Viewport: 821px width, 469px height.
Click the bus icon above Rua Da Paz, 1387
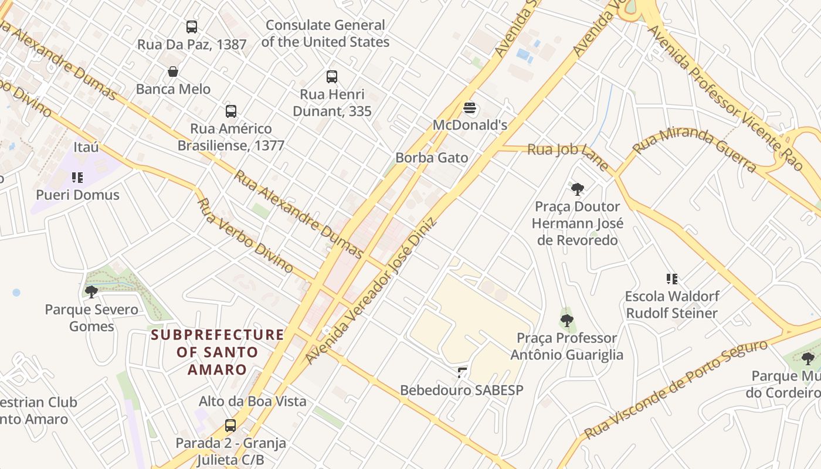192,27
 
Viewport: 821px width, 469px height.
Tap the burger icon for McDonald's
469,108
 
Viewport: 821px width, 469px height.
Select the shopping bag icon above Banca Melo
173,72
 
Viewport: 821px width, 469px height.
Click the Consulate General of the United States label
325,33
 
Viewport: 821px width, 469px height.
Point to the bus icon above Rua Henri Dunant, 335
332,77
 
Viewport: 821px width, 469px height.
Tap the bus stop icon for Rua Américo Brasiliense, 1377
231,111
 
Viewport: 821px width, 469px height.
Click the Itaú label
86,147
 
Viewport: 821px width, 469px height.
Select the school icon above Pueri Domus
77,177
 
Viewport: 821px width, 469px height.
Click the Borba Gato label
432,158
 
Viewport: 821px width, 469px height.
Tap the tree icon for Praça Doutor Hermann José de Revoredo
578,189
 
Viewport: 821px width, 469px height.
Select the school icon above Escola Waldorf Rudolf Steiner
671,279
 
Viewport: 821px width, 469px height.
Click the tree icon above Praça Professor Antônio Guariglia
566,321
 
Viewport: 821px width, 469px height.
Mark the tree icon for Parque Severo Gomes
91,291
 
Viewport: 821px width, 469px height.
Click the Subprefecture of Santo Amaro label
217,352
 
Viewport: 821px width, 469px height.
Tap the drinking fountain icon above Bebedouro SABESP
462,372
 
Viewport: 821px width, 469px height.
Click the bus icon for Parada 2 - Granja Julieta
230,426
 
